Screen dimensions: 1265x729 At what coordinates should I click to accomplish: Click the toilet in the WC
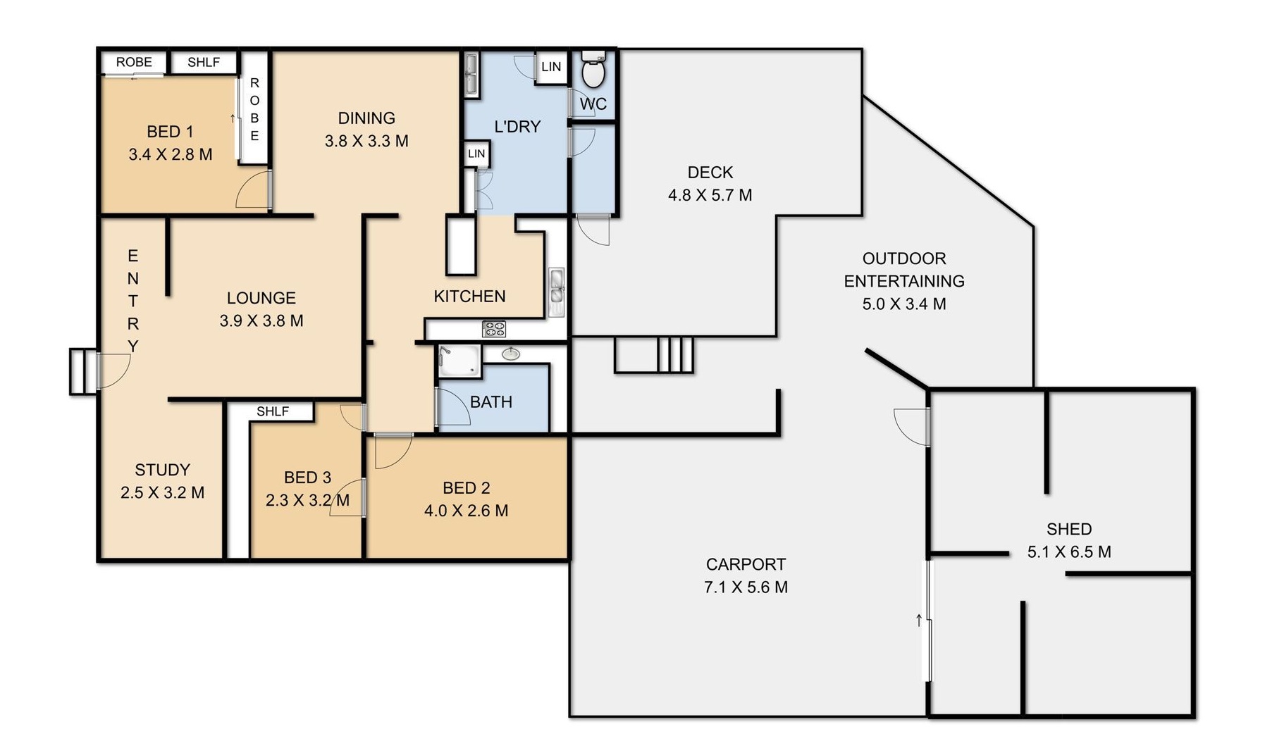(x=593, y=69)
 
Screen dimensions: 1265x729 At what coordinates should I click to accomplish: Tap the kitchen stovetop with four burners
(x=493, y=329)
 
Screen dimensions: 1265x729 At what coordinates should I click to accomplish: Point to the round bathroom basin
(x=511, y=354)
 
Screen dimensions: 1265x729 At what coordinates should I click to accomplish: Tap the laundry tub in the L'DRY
(x=471, y=73)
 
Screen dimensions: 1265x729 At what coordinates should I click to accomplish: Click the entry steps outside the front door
(x=83, y=371)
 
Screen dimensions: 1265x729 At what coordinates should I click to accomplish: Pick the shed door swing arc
(x=911, y=427)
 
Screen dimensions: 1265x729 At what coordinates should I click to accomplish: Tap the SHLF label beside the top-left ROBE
(x=204, y=62)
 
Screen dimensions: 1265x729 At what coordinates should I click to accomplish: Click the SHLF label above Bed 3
(x=273, y=411)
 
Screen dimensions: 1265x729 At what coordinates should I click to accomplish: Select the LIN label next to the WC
(x=551, y=67)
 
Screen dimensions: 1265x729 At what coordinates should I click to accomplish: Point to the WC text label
(x=593, y=104)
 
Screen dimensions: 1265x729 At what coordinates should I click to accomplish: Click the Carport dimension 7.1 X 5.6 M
(x=746, y=587)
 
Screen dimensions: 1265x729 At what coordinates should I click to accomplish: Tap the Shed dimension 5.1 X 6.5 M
(x=1069, y=552)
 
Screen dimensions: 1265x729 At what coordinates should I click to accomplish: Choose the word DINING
(x=366, y=118)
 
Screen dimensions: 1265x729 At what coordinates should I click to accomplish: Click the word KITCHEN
(x=469, y=297)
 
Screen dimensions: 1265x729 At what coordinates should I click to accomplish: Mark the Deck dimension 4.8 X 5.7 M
(x=710, y=195)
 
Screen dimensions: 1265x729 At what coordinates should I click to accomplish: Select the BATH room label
(x=491, y=402)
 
